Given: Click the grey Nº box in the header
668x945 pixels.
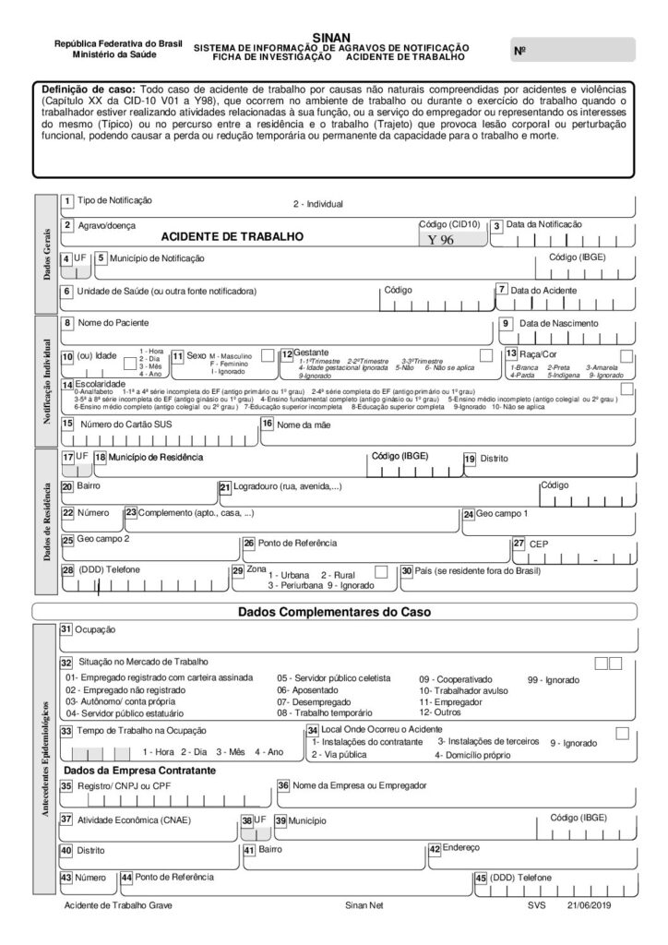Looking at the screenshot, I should (x=572, y=50).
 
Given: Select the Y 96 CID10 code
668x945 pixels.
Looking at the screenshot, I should (x=447, y=239).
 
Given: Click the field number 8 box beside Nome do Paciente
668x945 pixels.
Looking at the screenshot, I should (x=67, y=323).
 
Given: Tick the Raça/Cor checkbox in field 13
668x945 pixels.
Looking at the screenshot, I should (x=626, y=355).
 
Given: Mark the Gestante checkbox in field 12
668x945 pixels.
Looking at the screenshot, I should (x=485, y=355).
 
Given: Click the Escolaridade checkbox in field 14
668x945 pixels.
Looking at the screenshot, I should (x=627, y=389).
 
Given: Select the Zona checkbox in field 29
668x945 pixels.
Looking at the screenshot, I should (x=381, y=572).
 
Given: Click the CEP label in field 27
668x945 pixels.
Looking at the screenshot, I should (x=538, y=544).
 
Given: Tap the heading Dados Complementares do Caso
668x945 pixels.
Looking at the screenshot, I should (x=333, y=611).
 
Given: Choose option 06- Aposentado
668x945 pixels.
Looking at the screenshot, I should (x=308, y=689).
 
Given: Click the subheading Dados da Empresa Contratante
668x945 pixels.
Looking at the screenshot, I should (x=140, y=770).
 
